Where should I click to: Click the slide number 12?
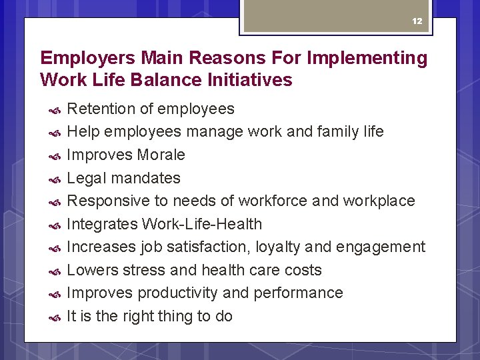pos(417,21)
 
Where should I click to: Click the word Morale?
pos(161,155)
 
